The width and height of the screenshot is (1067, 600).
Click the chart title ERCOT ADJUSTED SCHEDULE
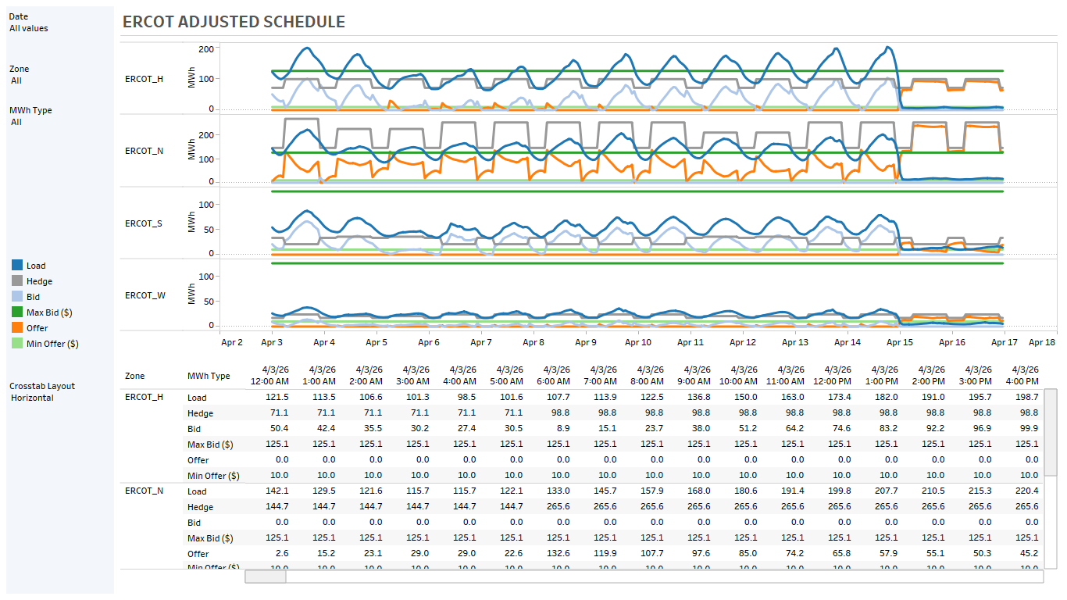[234, 22]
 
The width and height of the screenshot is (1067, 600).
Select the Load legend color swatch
[16, 266]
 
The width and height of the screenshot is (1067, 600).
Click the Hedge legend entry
[39, 281]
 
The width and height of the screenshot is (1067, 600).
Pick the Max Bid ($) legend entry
[48, 312]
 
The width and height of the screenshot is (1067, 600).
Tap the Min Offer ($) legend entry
[52, 344]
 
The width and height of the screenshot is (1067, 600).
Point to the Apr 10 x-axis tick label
[637, 342]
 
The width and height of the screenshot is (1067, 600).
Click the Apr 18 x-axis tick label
[1042, 342]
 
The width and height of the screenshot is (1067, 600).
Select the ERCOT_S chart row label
[144, 223]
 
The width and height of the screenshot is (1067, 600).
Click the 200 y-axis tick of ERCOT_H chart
[205, 49]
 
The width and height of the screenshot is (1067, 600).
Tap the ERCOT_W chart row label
[145, 295]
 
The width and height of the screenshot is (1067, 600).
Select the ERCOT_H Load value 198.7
[1024, 398]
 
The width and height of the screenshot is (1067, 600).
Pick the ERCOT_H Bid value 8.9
[561, 429]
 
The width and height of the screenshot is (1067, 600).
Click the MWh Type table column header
[209, 376]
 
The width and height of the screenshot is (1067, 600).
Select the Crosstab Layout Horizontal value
[32, 398]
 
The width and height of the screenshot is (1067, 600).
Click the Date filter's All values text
[29, 28]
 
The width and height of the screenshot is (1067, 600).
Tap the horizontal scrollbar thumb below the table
[265, 577]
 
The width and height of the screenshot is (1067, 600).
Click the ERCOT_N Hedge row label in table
[200, 507]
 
